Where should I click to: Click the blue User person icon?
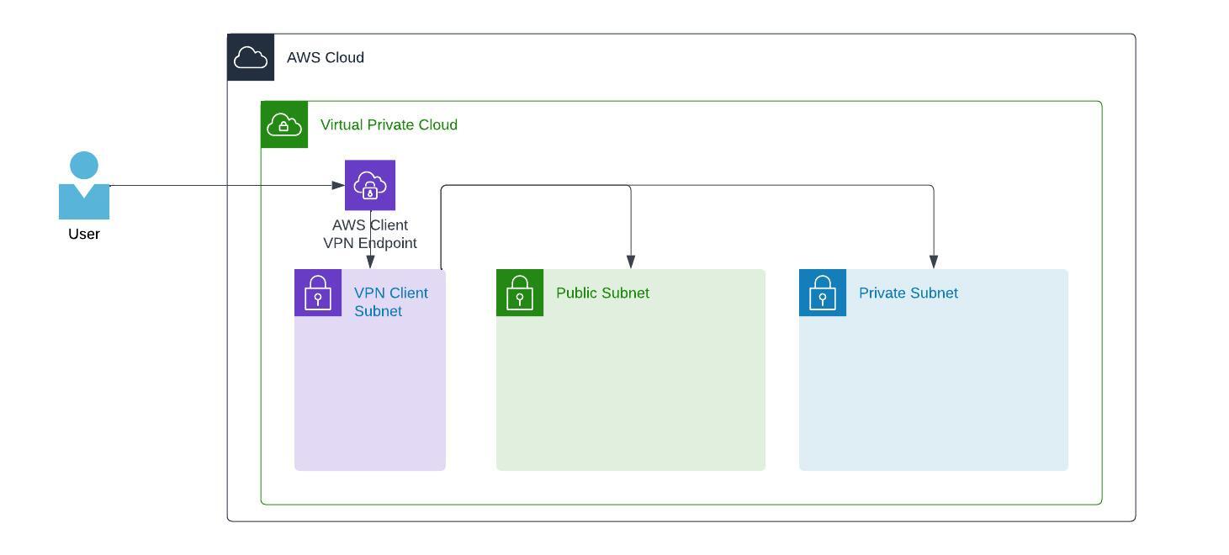[x=84, y=187]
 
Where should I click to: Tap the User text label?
[x=84, y=235]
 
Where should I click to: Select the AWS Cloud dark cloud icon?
[x=251, y=58]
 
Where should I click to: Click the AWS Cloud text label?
[x=326, y=58]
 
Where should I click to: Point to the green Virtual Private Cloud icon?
[x=284, y=125]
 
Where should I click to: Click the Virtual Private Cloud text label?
[x=389, y=125]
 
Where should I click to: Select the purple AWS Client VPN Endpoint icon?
[x=370, y=185]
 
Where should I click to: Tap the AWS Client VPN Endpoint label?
[x=370, y=235]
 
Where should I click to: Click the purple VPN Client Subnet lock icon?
[x=318, y=293]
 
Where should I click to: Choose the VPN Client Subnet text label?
[x=390, y=302]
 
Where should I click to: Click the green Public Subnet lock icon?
[x=520, y=293]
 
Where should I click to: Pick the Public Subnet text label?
[x=602, y=293]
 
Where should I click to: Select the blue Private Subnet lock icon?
[x=823, y=293]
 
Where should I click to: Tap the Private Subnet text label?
[x=908, y=293]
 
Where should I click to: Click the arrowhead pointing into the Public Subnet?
[x=631, y=262]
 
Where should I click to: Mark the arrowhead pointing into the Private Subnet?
[x=934, y=262]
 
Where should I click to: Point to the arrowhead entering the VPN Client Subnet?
[x=370, y=262]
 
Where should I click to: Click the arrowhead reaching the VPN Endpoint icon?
[x=339, y=186]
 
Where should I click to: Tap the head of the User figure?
[x=84, y=165]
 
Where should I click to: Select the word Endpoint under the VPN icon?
[x=388, y=244]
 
